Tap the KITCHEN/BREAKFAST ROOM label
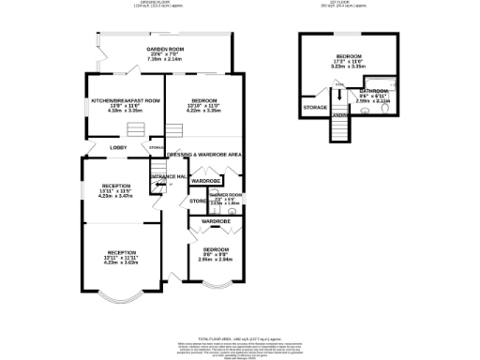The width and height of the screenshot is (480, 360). (126, 100)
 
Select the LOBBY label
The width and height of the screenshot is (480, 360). (119, 147)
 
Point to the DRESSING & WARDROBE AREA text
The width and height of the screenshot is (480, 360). (204, 153)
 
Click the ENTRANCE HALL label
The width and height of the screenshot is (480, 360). (170, 175)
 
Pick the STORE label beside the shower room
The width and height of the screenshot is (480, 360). (198, 201)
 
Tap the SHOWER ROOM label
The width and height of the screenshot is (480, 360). (226, 195)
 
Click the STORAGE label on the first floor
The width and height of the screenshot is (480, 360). (315, 108)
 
